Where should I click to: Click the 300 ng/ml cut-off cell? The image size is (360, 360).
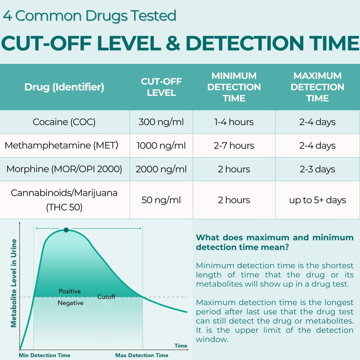(x=161, y=122)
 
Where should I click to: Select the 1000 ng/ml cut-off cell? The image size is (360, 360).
(x=161, y=145)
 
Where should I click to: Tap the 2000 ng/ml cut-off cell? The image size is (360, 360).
(x=161, y=169)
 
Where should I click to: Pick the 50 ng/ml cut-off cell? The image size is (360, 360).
(x=161, y=200)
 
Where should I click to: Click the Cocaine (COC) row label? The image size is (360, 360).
(x=64, y=122)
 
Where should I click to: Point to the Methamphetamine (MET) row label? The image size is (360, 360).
(x=61, y=145)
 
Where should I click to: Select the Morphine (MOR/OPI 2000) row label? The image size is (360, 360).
(x=64, y=169)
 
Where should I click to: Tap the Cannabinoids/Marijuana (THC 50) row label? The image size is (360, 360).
(x=64, y=200)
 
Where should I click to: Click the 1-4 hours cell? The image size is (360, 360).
(x=234, y=122)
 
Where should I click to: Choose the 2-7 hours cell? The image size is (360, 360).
(x=234, y=145)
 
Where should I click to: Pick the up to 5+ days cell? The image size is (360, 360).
(x=317, y=200)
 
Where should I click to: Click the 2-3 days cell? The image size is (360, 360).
(x=317, y=169)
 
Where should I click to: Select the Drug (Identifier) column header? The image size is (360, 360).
(x=64, y=87)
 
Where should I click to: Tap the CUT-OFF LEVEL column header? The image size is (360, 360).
(x=161, y=87)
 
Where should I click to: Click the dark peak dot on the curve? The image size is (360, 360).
(x=66, y=230)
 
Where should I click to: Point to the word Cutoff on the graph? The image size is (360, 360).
(x=107, y=297)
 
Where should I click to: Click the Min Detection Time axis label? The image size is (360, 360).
(x=44, y=355)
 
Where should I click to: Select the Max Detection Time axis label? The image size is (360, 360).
(x=142, y=355)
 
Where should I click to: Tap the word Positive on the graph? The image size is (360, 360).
(x=70, y=291)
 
